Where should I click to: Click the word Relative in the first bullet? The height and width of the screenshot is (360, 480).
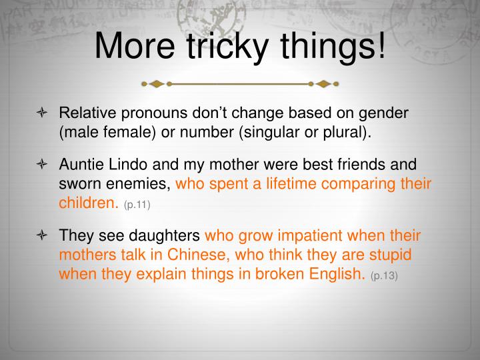(x=83, y=113)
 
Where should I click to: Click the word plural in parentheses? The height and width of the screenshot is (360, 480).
(x=343, y=131)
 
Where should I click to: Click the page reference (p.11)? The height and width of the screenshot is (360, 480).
(x=137, y=203)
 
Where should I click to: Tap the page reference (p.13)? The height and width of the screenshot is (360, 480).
(x=384, y=275)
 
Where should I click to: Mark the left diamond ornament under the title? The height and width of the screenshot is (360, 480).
(x=155, y=85)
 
